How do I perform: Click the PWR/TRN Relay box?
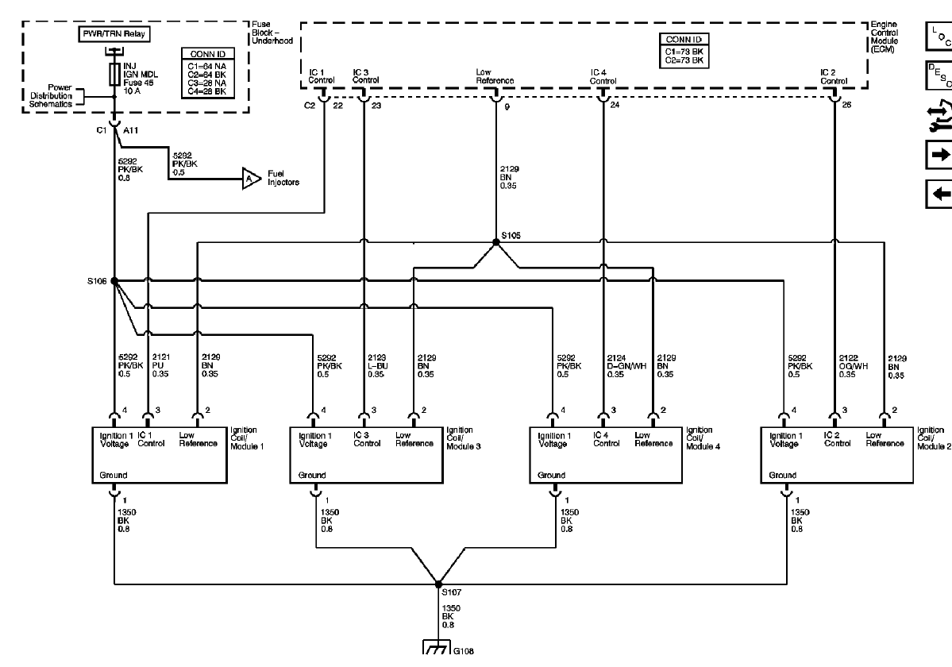(115, 35)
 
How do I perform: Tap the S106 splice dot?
(114, 280)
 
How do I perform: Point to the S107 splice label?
(450, 592)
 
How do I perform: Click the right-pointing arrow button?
(938, 156)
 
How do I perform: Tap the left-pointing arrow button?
(938, 193)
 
